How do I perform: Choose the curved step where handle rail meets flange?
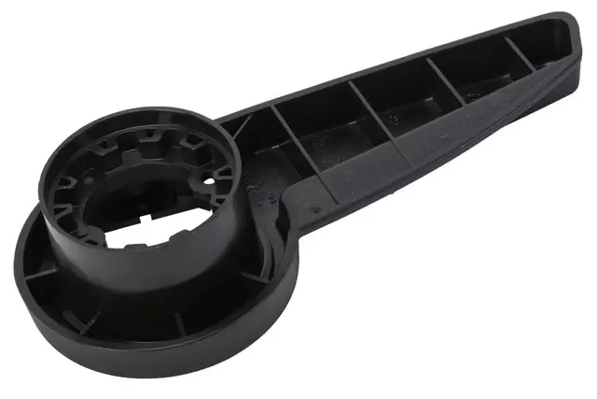(280, 220)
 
